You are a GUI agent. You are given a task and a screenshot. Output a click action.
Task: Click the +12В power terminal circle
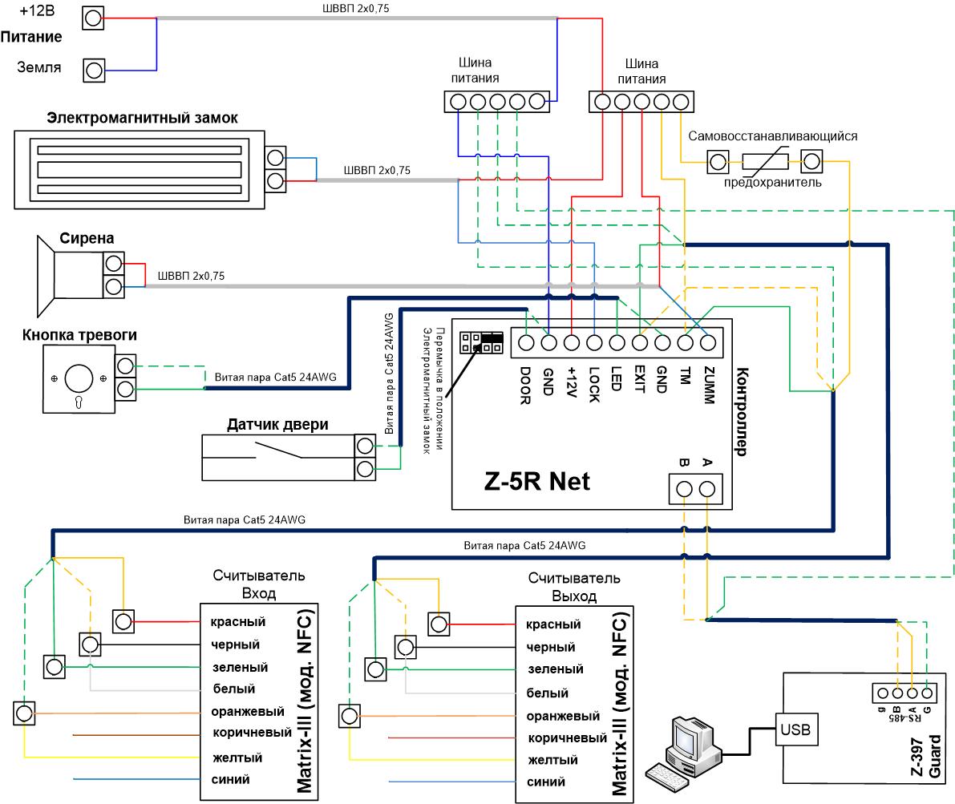click(x=93, y=18)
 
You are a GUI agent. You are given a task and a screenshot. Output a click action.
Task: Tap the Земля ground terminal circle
click(x=94, y=71)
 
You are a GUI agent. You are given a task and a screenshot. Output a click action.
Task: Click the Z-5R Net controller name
click(x=536, y=481)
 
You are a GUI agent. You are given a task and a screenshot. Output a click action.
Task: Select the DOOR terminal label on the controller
click(x=525, y=386)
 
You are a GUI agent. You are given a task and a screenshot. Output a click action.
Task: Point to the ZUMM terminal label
click(x=708, y=385)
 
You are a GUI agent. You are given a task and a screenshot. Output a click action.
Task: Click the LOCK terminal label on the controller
click(x=594, y=384)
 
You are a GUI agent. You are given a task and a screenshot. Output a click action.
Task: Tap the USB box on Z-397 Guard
click(x=795, y=729)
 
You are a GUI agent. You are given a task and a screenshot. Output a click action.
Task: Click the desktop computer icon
click(x=685, y=754)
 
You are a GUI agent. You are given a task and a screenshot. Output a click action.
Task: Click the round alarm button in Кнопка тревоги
click(x=79, y=378)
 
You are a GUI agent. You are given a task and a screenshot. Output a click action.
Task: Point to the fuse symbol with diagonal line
click(x=765, y=161)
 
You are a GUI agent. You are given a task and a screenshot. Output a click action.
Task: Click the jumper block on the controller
click(x=481, y=342)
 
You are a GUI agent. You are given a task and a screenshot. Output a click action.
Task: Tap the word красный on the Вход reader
click(x=237, y=622)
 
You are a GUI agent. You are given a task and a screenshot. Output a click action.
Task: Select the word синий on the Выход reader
click(x=546, y=782)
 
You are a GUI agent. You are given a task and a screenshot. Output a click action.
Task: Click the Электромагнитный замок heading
click(x=142, y=118)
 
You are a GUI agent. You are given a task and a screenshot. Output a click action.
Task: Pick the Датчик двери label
click(x=277, y=425)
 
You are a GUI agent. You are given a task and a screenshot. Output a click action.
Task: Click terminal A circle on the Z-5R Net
click(x=707, y=489)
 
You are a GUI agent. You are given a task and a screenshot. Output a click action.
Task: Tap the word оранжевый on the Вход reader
click(x=247, y=712)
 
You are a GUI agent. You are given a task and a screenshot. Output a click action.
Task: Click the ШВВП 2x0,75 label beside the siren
click(x=192, y=276)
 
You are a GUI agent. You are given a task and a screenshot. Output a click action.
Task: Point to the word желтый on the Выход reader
click(x=553, y=760)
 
